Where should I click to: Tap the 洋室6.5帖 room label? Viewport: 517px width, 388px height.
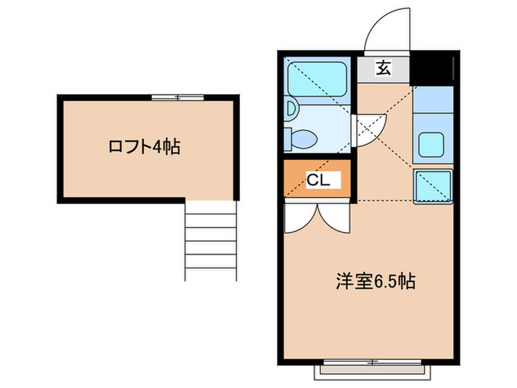[375, 281]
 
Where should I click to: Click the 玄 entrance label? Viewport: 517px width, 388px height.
[383, 69]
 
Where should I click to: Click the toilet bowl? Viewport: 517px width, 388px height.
[303, 138]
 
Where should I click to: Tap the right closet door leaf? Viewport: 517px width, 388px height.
[333, 216]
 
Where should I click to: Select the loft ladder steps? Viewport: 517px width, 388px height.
[209, 240]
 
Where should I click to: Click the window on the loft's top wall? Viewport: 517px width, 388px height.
[177, 96]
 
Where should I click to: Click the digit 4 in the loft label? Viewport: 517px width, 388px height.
[157, 146]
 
